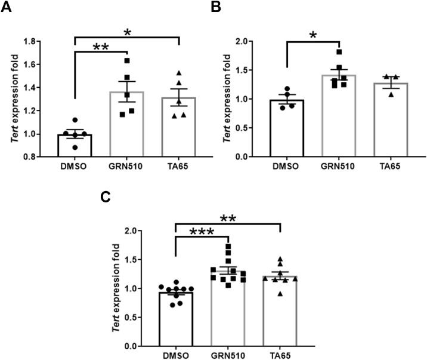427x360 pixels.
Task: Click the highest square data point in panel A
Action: click(126, 60)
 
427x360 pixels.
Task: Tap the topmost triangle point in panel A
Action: click(178, 73)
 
